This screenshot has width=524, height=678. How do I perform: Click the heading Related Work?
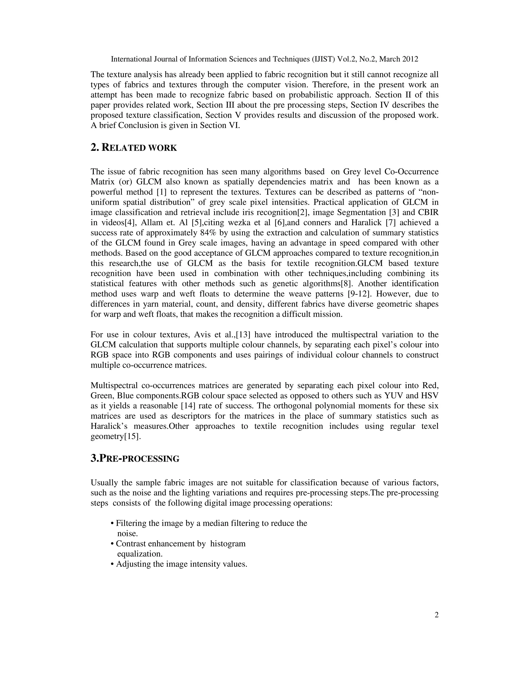pyautogui.click(x=134, y=148)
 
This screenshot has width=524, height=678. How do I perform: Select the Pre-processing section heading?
pyautogui.click(x=135, y=458)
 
